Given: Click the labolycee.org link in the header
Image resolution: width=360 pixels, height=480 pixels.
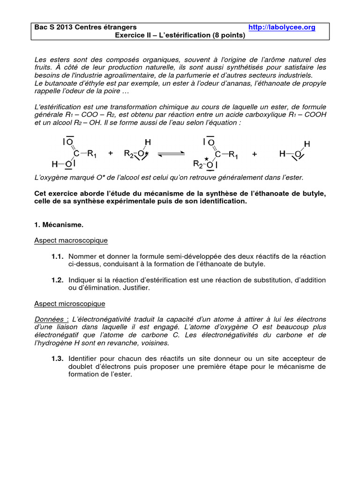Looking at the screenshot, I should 282,28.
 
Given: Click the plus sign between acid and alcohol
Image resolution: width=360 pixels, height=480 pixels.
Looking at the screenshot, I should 111,153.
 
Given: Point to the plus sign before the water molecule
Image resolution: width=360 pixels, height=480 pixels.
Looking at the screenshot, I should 255,153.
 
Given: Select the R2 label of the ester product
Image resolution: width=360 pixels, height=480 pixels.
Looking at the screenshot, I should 199,164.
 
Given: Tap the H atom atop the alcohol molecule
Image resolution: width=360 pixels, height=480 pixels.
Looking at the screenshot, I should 147,142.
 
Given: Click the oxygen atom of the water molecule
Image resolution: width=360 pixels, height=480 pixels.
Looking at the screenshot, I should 296,153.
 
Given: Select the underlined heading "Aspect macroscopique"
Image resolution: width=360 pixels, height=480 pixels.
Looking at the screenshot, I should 71,240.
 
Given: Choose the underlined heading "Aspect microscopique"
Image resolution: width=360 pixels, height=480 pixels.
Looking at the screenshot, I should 70,304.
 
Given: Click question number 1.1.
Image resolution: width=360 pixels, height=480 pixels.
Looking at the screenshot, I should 57,256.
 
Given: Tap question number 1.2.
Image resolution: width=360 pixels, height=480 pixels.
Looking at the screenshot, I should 57,280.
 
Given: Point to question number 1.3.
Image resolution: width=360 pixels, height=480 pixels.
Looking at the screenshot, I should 57,359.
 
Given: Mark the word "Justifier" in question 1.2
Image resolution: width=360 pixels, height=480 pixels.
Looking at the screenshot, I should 136,288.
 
